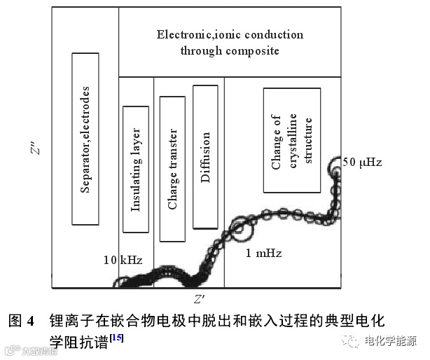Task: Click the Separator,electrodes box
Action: (85, 139)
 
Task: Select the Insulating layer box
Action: (136, 169)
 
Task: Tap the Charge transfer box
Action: (172, 168)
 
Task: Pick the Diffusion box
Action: (206, 157)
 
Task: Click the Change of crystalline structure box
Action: (292, 140)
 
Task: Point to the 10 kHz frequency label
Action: (123, 260)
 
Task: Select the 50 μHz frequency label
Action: (362, 162)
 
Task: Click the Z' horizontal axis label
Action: (200, 300)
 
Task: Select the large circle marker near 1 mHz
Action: (240, 228)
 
